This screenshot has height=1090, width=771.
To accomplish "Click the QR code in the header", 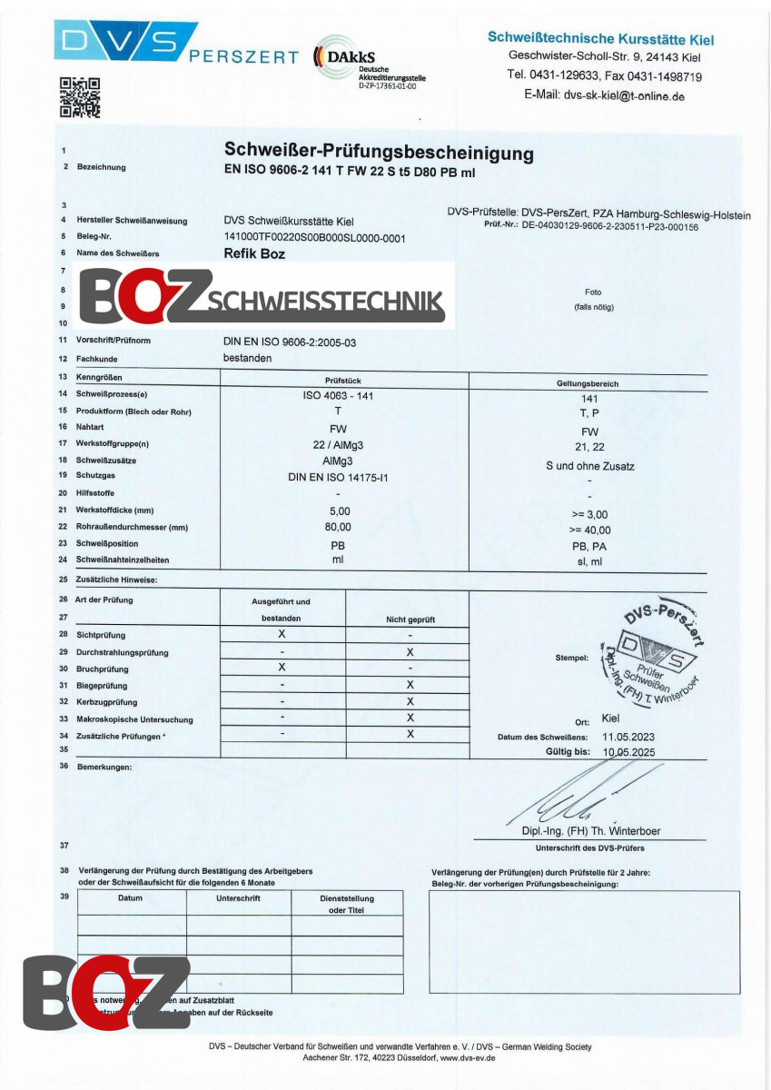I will [x=79, y=97].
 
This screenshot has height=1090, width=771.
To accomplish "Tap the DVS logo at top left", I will [x=124, y=41].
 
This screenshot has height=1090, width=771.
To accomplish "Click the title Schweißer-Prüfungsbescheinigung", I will [x=379, y=152].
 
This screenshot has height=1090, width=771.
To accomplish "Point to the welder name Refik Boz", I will [x=254, y=254].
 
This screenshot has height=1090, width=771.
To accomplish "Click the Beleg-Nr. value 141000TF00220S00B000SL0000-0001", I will [x=314, y=238].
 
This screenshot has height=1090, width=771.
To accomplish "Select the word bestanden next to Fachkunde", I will [x=247, y=358].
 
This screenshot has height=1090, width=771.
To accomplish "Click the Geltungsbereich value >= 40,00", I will [x=589, y=530].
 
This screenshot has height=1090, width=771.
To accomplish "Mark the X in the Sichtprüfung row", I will [x=282, y=634].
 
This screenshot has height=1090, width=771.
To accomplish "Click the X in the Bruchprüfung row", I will [x=282, y=667].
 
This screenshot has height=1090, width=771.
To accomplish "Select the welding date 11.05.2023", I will [x=627, y=737].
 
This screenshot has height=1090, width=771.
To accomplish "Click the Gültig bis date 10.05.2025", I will [x=627, y=753].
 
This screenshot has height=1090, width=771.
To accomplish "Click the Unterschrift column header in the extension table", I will [x=238, y=898].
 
